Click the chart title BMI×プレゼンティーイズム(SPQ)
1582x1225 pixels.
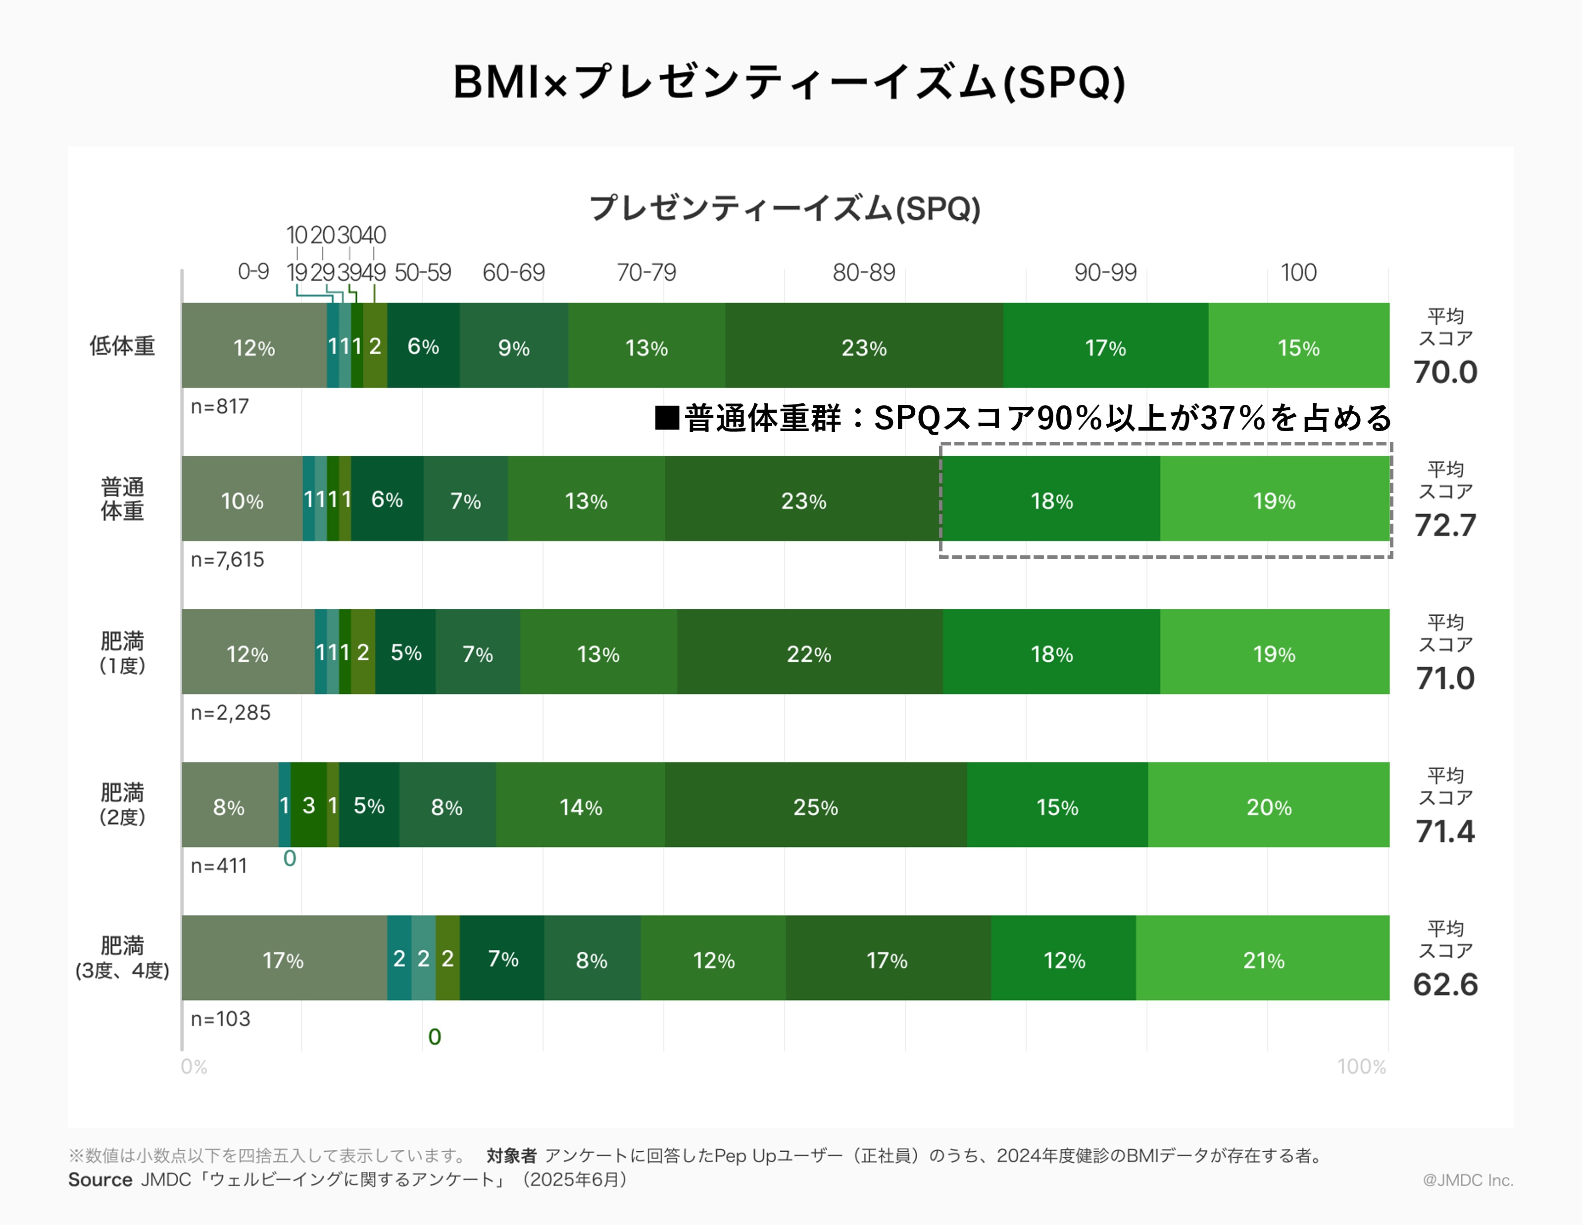pyautogui.click(x=790, y=82)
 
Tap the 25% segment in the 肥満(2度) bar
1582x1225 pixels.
pyautogui.click(x=816, y=806)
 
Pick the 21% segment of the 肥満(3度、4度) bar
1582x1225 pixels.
pyautogui.click(x=1263, y=959)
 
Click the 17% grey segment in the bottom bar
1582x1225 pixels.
pyautogui.click(x=283, y=959)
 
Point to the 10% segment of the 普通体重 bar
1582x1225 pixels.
pyautogui.click(x=242, y=500)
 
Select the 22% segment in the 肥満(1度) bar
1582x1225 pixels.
pyautogui.click(x=809, y=653)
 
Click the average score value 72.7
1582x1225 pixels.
pyautogui.click(x=1445, y=525)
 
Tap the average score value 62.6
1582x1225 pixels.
pyautogui.click(x=1445, y=984)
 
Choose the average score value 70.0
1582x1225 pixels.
pyautogui.click(x=1445, y=372)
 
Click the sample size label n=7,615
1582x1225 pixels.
pyautogui.click(x=227, y=559)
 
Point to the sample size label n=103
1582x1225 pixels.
pyautogui.click(x=220, y=1019)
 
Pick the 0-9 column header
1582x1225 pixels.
pyautogui.click(x=253, y=272)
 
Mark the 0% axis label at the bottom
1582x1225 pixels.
pyautogui.click(x=194, y=1066)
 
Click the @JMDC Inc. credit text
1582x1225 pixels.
pyautogui.click(x=1468, y=1180)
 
